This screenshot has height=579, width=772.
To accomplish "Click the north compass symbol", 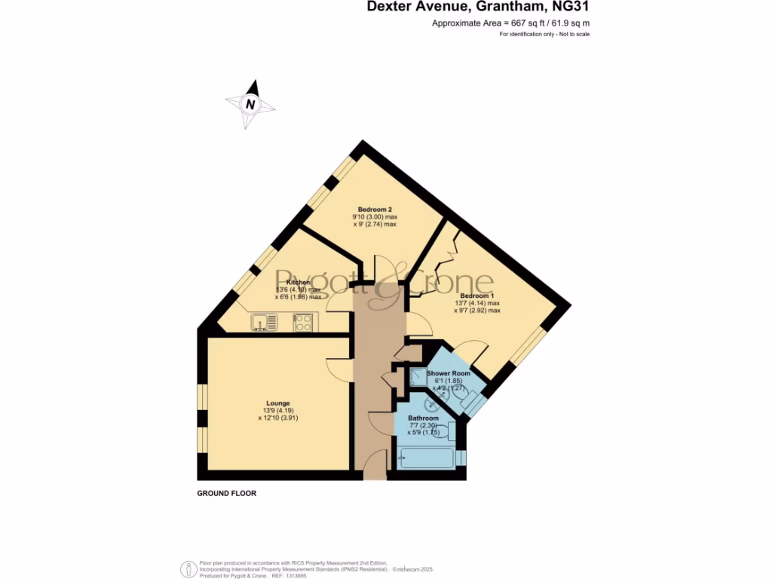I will [x=251, y=105].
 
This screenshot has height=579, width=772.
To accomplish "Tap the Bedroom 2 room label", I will [x=375, y=209].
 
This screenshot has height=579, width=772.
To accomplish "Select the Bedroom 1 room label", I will [x=477, y=296].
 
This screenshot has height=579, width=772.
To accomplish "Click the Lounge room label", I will [x=277, y=403].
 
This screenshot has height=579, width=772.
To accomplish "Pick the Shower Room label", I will [x=449, y=373].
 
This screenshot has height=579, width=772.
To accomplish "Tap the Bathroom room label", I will [x=423, y=418].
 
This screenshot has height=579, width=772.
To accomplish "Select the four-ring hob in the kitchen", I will [x=304, y=323].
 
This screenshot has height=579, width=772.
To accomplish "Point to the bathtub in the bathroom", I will [x=427, y=458].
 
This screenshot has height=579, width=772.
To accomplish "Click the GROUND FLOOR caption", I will [x=227, y=493].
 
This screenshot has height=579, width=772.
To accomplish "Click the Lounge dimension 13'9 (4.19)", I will [x=277, y=411].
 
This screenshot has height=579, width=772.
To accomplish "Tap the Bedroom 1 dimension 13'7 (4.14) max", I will [x=477, y=303].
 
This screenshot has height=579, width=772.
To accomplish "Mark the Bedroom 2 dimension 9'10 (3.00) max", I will [x=375, y=216].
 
